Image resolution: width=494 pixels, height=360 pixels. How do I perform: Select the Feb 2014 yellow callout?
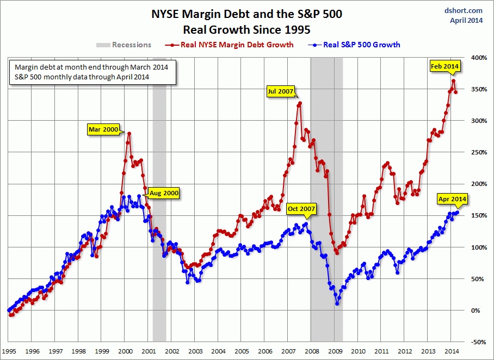445,66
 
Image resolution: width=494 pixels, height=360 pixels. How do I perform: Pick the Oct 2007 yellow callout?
300,208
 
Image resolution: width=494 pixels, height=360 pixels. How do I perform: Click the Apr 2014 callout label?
452,199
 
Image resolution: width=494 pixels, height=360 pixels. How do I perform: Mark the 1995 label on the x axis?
9,352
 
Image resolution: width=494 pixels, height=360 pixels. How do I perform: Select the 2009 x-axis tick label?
335,352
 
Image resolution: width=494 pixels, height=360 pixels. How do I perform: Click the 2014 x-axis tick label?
452,352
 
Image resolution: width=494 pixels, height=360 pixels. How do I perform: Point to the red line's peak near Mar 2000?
129,133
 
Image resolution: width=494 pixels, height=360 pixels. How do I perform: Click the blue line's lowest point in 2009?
337,304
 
